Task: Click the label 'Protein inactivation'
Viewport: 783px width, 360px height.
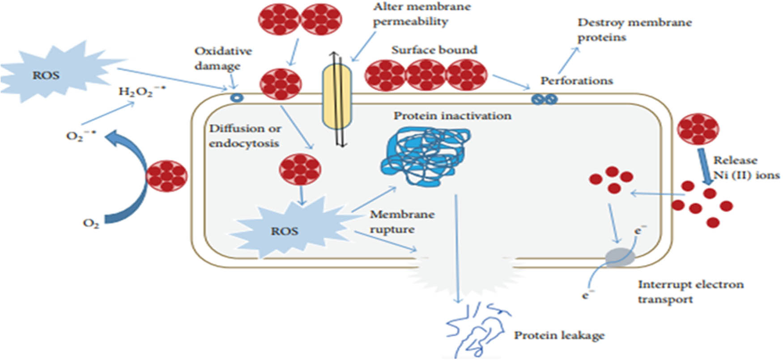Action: pyautogui.click(x=452, y=116)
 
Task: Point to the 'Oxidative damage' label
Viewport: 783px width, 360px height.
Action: pyautogui.click(x=223, y=59)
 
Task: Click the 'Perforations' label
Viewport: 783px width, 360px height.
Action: pyautogui.click(x=576, y=81)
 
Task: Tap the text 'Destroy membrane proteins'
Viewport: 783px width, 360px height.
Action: pyautogui.click(x=634, y=30)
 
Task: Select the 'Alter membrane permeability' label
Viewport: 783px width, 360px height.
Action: pyautogui.click(x=421, y=14)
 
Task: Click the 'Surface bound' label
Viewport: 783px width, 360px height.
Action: pyautogui.click(x=434, y=50)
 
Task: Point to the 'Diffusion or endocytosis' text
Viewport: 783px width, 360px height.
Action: pyautogui.click(x=245, y=136)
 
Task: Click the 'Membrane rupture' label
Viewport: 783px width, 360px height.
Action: pyautogui.click(x=401, y=222)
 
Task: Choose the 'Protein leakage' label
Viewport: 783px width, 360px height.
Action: pyautogui.click(x=559, y=335)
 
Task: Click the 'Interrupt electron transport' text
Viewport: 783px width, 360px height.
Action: pyautogui.click(x=690, y=292)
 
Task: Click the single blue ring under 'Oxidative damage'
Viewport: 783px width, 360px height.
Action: pyautogui.click(x=236, y=97)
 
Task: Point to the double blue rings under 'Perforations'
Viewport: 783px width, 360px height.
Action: pyautogui.click(x=544, y=99)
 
